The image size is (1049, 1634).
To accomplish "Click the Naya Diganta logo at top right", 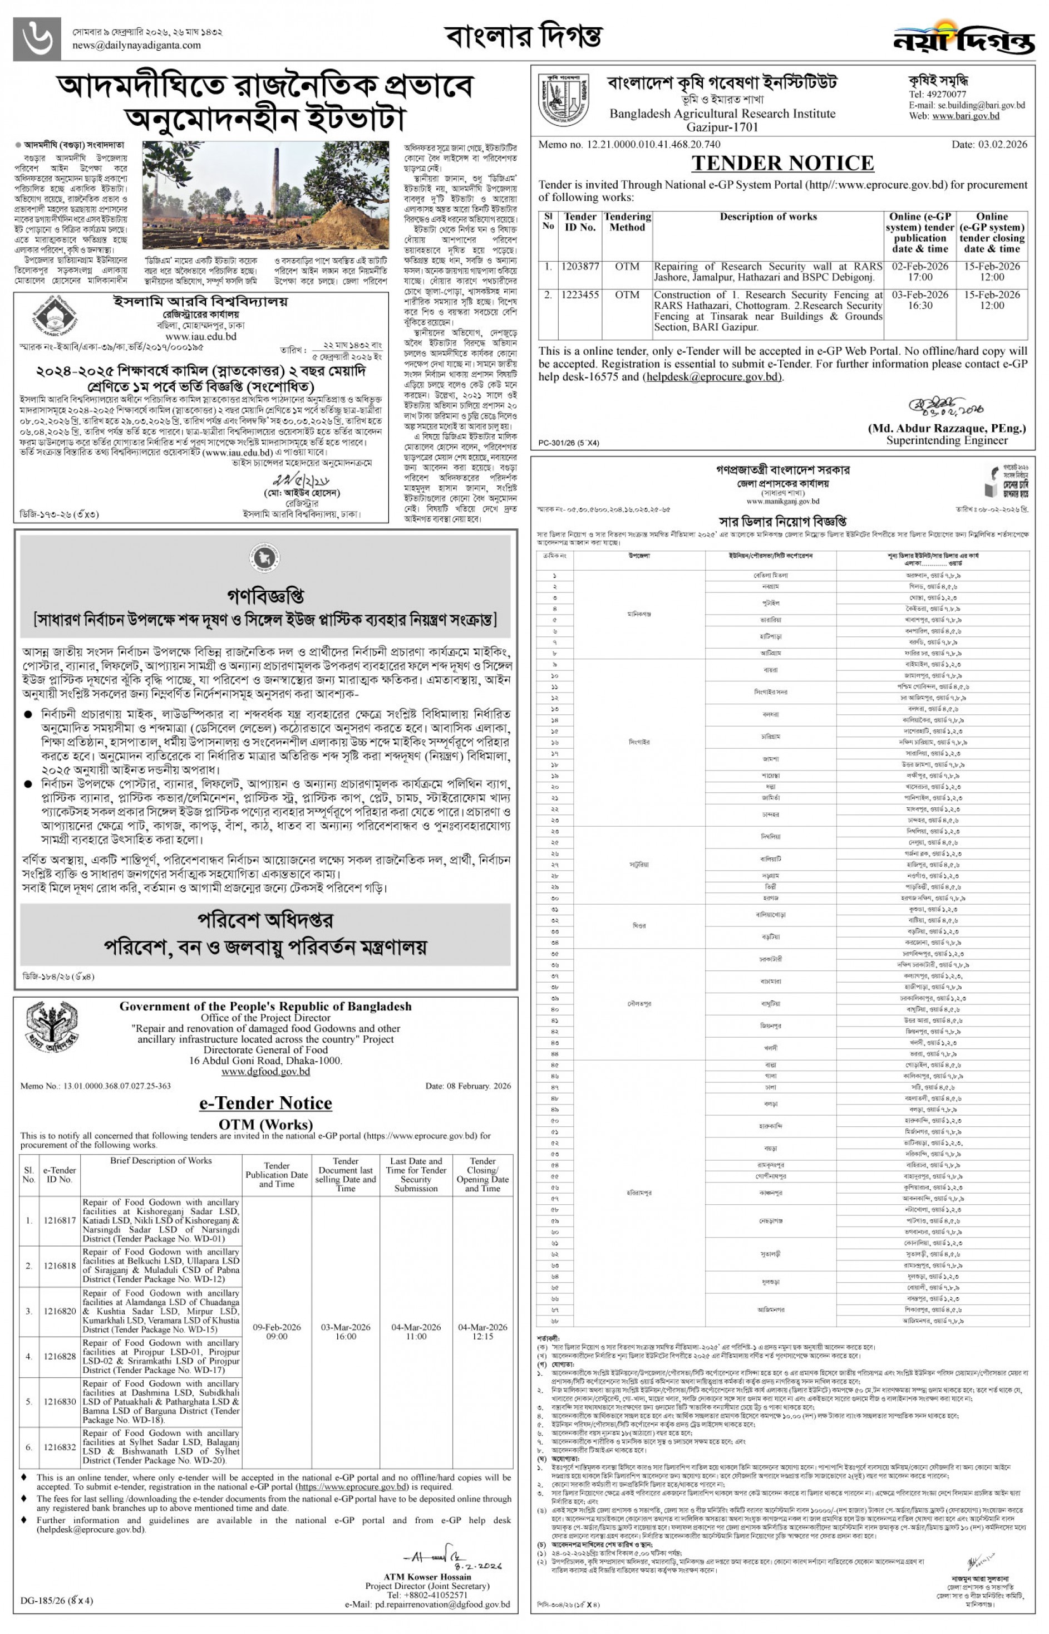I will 963,37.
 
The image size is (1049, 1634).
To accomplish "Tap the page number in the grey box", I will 37,39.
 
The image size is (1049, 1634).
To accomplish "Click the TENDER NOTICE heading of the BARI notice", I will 782,164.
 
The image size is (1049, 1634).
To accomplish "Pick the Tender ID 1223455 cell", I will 580,295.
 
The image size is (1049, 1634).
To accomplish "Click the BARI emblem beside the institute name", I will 563,100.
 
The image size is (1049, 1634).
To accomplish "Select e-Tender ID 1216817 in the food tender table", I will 60,1220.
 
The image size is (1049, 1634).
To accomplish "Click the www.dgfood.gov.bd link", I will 265,1072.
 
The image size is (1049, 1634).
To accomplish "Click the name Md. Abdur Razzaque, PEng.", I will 946,429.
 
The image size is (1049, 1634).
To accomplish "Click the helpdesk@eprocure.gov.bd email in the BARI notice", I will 712,377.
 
